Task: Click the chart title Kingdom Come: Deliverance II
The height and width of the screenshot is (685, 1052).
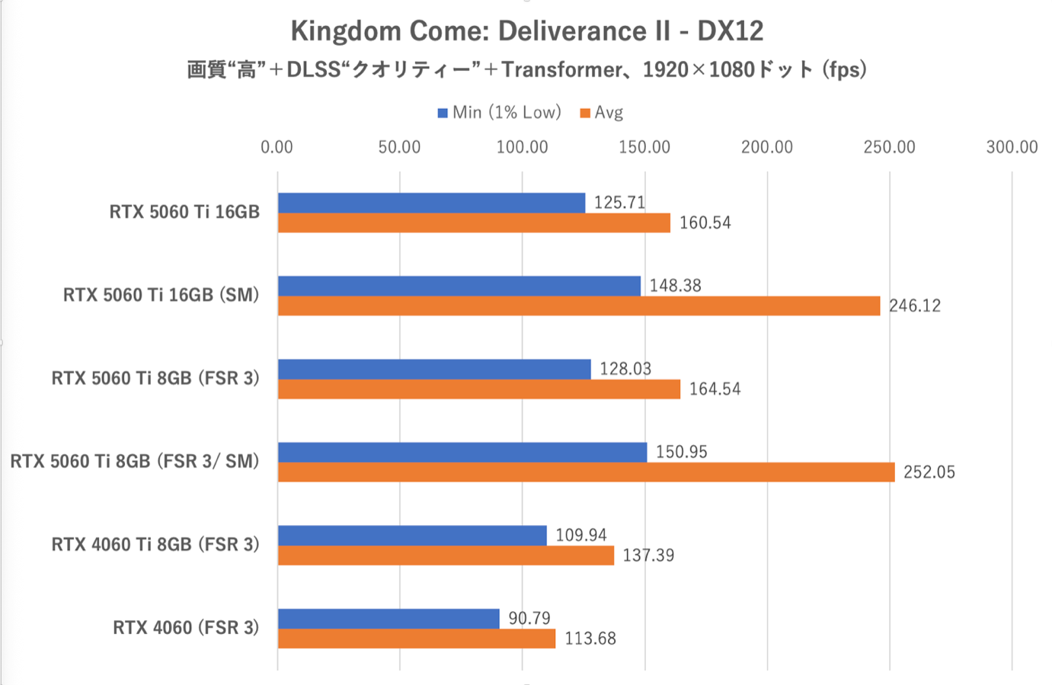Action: point(526,31)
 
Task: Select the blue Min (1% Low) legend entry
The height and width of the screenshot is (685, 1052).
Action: point(499,113)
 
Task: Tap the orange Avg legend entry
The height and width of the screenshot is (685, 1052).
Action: point(602,113)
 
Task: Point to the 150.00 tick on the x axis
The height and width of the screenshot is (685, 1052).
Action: point(644,147)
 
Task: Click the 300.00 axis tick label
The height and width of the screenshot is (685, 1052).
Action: point(1012,147)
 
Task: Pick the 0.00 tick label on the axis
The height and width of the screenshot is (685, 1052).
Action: point(277,147)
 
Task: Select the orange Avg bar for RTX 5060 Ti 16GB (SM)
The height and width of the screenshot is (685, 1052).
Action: point(579,306)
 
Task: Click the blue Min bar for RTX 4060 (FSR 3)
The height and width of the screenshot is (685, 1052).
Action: point(389,618)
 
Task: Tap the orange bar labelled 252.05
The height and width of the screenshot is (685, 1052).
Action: point(586,472)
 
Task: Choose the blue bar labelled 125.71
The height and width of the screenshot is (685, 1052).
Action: point(431,203)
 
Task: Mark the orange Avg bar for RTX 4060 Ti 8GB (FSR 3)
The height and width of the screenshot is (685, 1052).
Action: point(446,555)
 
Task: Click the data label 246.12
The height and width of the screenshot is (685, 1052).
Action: point(914,306)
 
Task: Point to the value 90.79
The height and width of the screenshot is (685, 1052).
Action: point(529,618)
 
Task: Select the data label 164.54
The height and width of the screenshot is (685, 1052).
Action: point(715,389)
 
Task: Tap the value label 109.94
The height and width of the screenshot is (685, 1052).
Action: point(581,535)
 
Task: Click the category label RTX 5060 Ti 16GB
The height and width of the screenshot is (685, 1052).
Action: point(184,212)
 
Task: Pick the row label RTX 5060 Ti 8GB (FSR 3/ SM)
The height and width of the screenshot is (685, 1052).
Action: point(135,461)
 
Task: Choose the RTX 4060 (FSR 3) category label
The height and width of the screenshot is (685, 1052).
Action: point(186,627)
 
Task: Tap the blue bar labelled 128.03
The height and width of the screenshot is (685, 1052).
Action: point(434,369)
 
